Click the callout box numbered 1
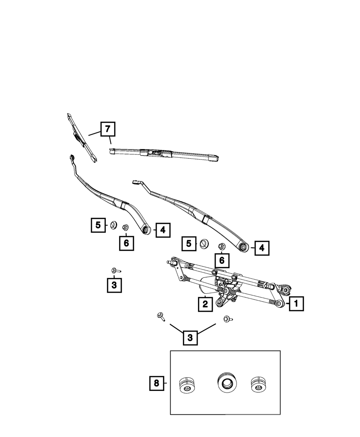296,304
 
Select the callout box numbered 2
205,304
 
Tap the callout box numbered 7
108,129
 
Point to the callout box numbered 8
156,383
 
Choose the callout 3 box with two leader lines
190,338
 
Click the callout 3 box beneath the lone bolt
114,285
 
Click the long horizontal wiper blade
166,154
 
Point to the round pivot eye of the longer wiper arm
243,247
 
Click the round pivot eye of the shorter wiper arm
146,229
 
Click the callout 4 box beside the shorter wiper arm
163,230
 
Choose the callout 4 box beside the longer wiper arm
262,248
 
